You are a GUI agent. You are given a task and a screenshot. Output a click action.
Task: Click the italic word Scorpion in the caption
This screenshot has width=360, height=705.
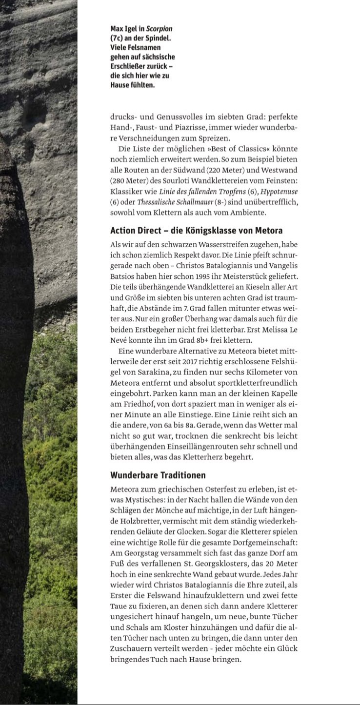pos(159,29)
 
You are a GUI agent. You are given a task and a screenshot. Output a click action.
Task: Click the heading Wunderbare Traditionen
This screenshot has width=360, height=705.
pos(158,475)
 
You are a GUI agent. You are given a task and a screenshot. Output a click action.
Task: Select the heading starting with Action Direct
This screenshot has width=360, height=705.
pos(196,231)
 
